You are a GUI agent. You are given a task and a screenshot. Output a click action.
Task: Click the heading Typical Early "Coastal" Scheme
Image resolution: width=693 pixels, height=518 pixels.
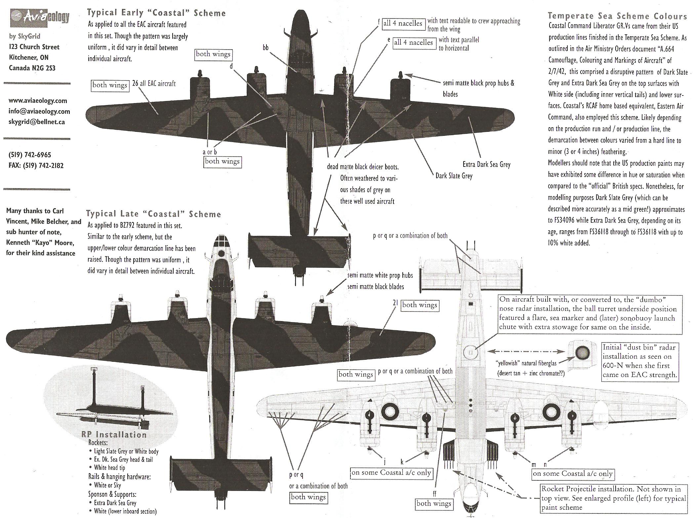pos(156,13)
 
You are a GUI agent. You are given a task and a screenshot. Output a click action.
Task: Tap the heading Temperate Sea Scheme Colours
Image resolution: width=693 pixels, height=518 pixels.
pos(617,16)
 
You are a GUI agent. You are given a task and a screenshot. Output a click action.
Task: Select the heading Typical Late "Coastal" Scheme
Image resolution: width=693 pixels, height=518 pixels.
pos(153,214)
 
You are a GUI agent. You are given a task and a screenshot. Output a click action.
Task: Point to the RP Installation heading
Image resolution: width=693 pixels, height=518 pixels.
pos(114,435)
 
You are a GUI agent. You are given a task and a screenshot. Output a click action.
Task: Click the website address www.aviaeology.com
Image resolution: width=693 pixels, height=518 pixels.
pos(38,100)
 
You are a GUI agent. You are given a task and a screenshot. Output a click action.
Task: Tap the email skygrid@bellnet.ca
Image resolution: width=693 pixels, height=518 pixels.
pos(37,122)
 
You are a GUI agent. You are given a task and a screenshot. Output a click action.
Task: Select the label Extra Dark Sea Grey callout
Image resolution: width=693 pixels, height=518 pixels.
pos(486,164)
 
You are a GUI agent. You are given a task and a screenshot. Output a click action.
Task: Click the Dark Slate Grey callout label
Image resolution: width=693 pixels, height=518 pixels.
pos(454,176)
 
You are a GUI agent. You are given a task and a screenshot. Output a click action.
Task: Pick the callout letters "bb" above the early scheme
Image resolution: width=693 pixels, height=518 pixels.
pos(265,48)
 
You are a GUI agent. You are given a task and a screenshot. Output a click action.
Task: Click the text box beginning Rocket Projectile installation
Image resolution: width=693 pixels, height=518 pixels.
pos(613,498)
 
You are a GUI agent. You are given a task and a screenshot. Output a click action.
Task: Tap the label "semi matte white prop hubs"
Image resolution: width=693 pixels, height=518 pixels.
pos(380,276)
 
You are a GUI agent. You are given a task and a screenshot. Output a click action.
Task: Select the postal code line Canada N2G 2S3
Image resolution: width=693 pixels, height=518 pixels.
pos(32,68)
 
